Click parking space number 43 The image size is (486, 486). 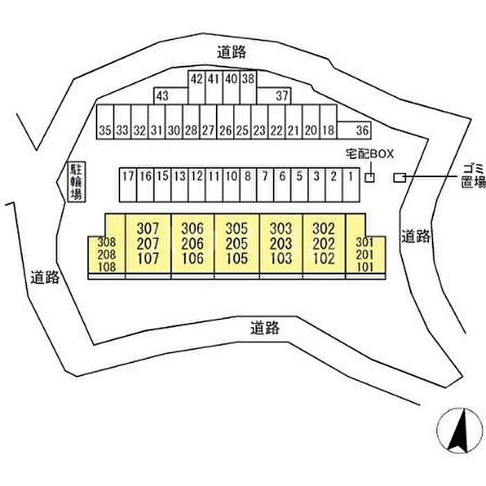pyautogui.click(x=162, y=96)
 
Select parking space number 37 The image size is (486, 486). pyautogui.click(x=282, y=96)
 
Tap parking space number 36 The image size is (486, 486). pyautogui.click(x=362, y=130)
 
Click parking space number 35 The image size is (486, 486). pyautogui.click(x=105, y=130)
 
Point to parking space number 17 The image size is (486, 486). pyautogui.click(x=128, y=176)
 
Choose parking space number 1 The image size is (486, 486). pyautogui.click(x=351, y=176)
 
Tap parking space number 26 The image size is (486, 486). pyautogui.click(x=225, y=130)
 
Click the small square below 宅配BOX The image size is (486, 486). pyautogui.click(x=370, y=178)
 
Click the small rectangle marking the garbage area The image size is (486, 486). pyautogui.click(x=399, y=178)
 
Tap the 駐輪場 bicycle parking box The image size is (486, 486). pyautogui.click(x=75, y=182)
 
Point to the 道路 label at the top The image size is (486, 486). pyautogui.click(x=231, y=51)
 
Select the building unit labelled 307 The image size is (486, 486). pyautogui.click(x=148, y=228)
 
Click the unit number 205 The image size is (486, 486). pyautogui.click(x=237, y=243)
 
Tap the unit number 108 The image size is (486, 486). pyautogui.click(x=106, y=265)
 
